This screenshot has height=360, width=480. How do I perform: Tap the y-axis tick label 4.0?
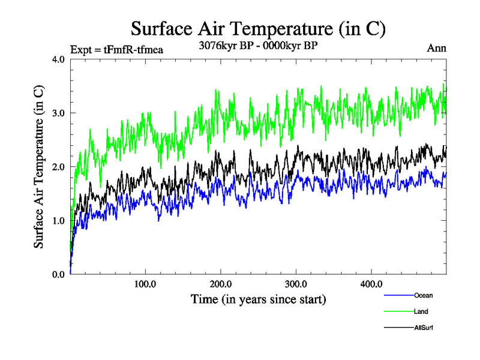[x=58, y=59]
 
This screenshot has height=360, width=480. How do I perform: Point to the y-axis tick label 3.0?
[x=58, y=113]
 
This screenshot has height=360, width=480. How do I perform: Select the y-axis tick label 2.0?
[x=58, y=167]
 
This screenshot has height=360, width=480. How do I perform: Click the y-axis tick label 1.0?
[x=58, y=220]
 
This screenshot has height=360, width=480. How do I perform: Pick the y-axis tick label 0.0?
[x=58, y=274]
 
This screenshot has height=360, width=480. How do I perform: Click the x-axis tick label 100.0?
[x=146, y=284]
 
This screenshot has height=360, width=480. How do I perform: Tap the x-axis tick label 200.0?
[x=221, y=284]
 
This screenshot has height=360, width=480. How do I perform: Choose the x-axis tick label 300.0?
[x=296, y=284]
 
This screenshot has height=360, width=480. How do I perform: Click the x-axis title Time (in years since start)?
[x=258, y=299]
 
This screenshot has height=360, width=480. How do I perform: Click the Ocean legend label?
[x=423, y=295]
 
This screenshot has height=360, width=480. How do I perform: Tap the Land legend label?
[x=421, y=311]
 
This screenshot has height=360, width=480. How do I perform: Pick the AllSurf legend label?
[x=424, y=328]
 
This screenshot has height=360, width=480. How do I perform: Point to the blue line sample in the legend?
[x=398, y=295]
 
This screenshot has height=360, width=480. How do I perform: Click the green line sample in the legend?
[x=398, y=311]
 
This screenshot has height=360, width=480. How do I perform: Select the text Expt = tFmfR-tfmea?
[x=117, y=49]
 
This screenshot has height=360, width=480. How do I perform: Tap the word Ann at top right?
[x=437, y=48]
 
